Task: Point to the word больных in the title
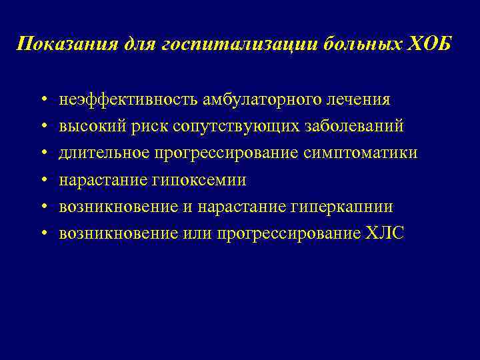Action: point(357,45)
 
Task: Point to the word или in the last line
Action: point(194,233)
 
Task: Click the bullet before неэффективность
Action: point(43,100)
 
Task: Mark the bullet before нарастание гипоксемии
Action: point(43,181)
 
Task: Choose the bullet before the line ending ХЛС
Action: point(43,234)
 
